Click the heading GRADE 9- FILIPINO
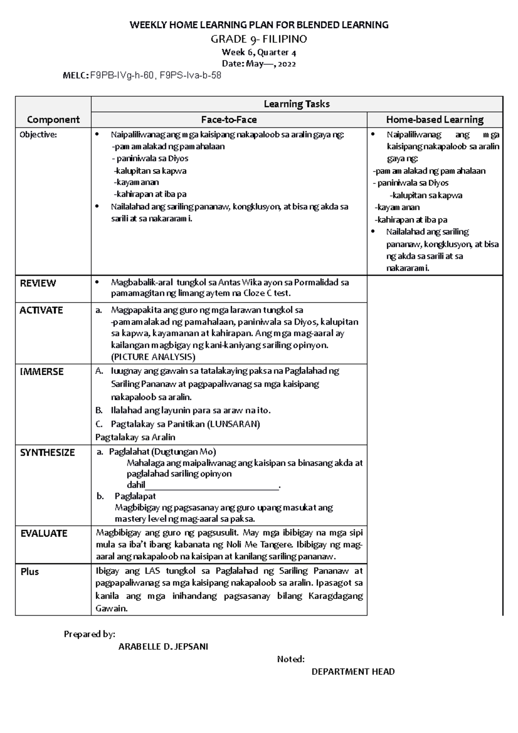click(x=259, y=39)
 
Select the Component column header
click(x=53, y=120)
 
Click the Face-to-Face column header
click(x=229, y=120)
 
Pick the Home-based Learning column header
click(x=435, y=120)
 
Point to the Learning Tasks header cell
click(x=297, y=104)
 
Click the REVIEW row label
click(x=38, y=283)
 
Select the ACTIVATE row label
click(x=41, y=310)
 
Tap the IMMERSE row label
click(x=41, y=372)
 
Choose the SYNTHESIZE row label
click(x=47, y=452)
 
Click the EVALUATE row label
click(x=44, y=533)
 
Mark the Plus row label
click(x=30, y=572)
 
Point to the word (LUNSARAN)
click(x=234, y=424)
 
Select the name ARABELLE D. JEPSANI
click(x=163, y=647)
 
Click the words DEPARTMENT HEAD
click(x=353, y=672)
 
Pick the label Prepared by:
click(x=89, y=634)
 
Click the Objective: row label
click(x=38, y=135)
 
